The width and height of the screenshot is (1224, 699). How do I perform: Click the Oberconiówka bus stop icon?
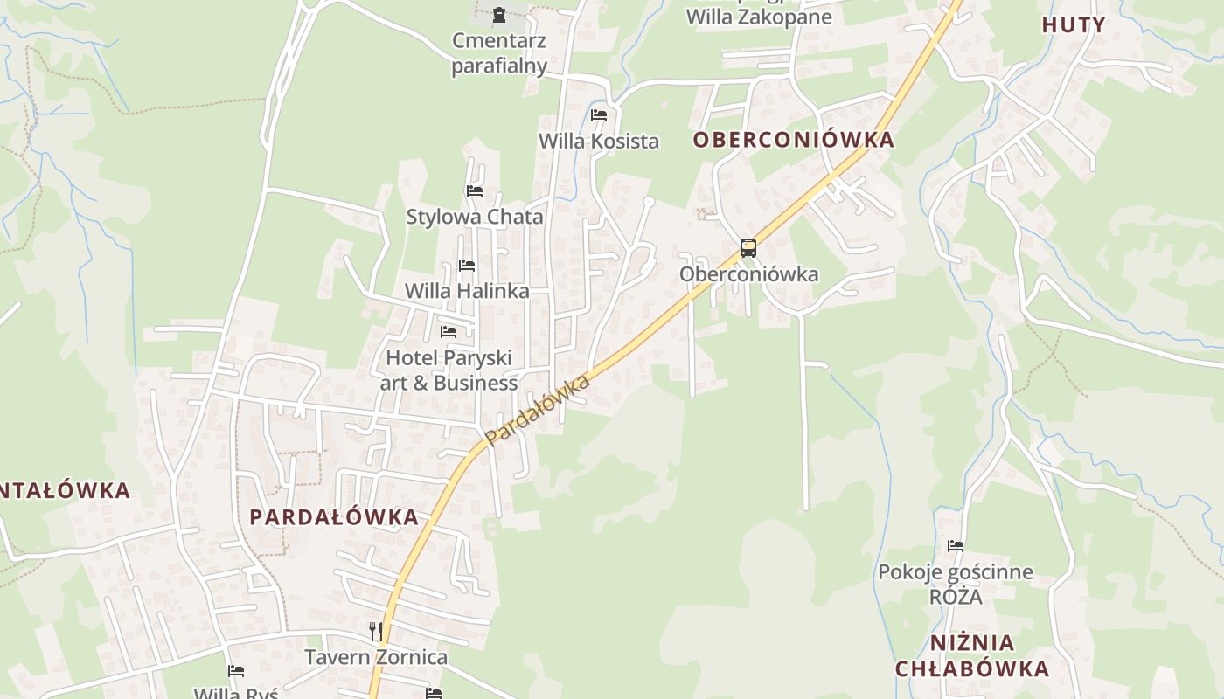pos(748,247)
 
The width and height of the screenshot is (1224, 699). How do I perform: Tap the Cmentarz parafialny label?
pos(499,52)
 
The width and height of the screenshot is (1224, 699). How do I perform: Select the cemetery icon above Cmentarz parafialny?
pos(498,14)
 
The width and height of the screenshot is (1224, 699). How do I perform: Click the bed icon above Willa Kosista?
pos(599,114)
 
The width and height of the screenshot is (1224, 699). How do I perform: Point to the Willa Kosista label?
pos(599,141)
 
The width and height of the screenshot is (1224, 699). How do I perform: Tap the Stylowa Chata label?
pos(475,217)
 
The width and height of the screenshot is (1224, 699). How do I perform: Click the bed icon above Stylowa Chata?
pos(475,190)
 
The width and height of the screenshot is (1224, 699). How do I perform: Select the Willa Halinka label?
pos(467,291)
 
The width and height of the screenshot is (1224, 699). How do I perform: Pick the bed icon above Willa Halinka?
pos(467,265)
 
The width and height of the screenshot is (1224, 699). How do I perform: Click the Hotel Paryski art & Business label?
pos(449,370)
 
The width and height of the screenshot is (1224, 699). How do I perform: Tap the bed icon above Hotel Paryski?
pos(449,331)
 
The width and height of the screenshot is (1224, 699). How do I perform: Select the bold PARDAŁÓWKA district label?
pos(334,516)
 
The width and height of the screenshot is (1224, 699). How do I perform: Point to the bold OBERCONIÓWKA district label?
pos(794,140)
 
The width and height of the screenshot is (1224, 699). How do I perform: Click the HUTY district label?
pos(1074,24)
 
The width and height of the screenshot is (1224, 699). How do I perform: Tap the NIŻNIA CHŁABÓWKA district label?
pos(972,656)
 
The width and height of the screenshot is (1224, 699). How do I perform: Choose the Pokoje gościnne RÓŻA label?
pos(956,585)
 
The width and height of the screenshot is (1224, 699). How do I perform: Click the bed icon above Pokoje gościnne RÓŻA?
pos(956,546)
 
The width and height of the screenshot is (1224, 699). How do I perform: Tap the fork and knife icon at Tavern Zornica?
pos(376,631)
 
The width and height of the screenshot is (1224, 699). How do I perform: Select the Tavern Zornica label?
pos(376,657)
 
